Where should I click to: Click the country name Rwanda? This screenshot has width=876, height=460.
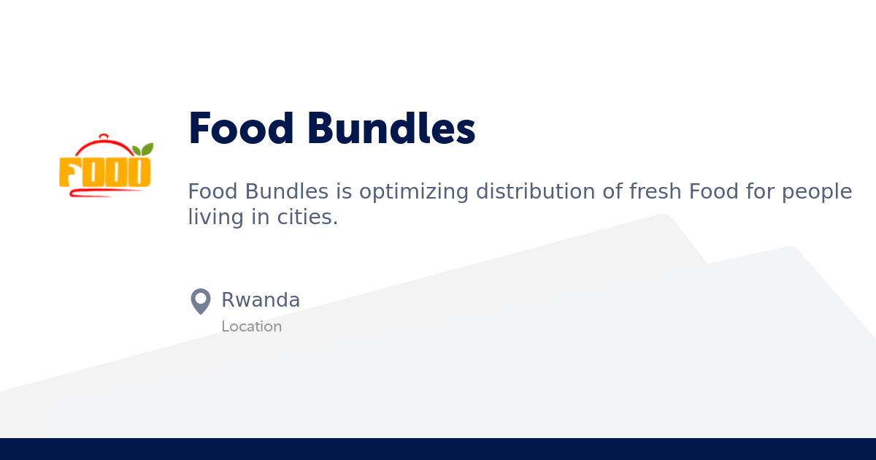tap(261, 300)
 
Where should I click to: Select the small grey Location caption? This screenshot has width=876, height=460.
tap(251, 326)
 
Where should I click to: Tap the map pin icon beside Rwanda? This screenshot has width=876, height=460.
tap(200, 301)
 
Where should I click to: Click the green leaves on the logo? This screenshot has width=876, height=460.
tap(143, 150)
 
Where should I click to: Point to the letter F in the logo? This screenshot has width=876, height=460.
tap(69, 172)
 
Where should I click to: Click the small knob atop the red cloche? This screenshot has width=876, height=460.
tap(104, 136)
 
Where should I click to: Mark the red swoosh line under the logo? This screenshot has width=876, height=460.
tap(99, 193)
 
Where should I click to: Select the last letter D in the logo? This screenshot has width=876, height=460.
tap(139, 172)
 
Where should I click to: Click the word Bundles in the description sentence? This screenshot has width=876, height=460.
tap(287, 191)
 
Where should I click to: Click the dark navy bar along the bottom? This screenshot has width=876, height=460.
tap(438, 449)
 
